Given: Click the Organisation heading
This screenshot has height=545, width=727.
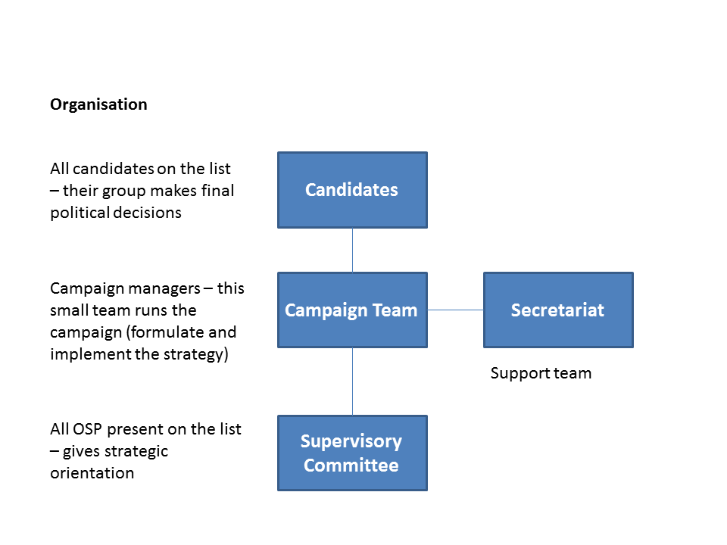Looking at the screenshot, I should [98, 104].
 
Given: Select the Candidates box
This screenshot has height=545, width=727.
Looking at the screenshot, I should [352, 190].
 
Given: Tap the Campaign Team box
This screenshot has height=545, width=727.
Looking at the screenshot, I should [352, 310].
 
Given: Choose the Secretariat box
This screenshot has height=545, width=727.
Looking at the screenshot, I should [558, 310].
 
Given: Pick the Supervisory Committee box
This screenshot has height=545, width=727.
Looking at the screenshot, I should [352, 453].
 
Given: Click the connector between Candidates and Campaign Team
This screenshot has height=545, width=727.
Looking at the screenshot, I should [352, 250].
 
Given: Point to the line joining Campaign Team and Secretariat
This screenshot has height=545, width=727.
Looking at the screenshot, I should [455, 310].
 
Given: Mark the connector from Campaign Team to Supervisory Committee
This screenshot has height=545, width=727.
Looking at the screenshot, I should [352, 381].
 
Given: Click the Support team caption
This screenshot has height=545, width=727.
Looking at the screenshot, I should [541, 373].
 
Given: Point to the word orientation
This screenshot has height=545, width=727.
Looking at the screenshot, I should [92, 473].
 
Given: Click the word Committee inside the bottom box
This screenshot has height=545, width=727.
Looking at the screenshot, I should [351, 465].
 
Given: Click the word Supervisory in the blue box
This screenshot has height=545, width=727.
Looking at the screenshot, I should [351, 441].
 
